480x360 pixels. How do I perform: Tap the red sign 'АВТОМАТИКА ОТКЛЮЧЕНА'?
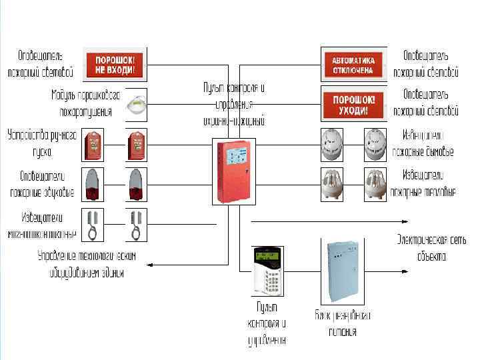353,64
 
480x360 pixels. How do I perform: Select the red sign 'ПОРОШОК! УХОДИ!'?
353,103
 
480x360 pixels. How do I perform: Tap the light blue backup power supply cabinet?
343,270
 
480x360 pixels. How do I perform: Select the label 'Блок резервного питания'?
343,323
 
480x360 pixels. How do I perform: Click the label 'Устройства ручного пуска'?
42,143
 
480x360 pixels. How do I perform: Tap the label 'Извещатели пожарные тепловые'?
428,183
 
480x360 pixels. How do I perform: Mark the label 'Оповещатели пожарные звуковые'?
41,184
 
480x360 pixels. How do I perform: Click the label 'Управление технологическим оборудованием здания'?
86,264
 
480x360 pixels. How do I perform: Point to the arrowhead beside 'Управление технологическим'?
149,265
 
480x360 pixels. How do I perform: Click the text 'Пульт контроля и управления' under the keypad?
266,323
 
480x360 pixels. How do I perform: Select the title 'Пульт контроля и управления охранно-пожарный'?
234,105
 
